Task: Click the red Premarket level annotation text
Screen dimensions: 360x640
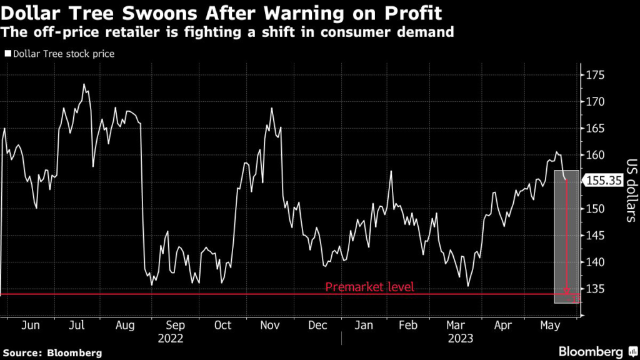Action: [x=369, y=287]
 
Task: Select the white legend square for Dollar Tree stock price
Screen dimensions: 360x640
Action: [x=7, y=54]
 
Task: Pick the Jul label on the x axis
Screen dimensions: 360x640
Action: [x=76, y=326]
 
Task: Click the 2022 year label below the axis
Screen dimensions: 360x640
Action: [x=170, y=339]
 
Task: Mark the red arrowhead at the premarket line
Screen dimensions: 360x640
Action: [x=566, y=291]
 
